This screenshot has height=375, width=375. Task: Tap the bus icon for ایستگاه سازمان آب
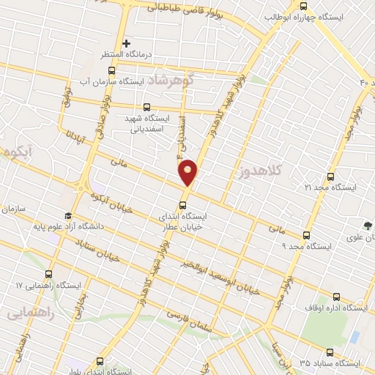coord(111,71)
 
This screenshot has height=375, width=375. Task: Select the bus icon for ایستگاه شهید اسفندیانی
coord(148,107)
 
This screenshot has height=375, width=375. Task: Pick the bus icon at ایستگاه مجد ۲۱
coord(330,177)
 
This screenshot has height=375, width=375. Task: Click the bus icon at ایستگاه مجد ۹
coord(306,235)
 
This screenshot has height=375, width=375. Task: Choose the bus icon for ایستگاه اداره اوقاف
coord(336,297)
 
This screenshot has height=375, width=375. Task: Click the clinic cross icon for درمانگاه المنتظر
coord(126,43)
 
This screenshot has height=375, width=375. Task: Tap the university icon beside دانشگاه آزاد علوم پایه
coord(68,216)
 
